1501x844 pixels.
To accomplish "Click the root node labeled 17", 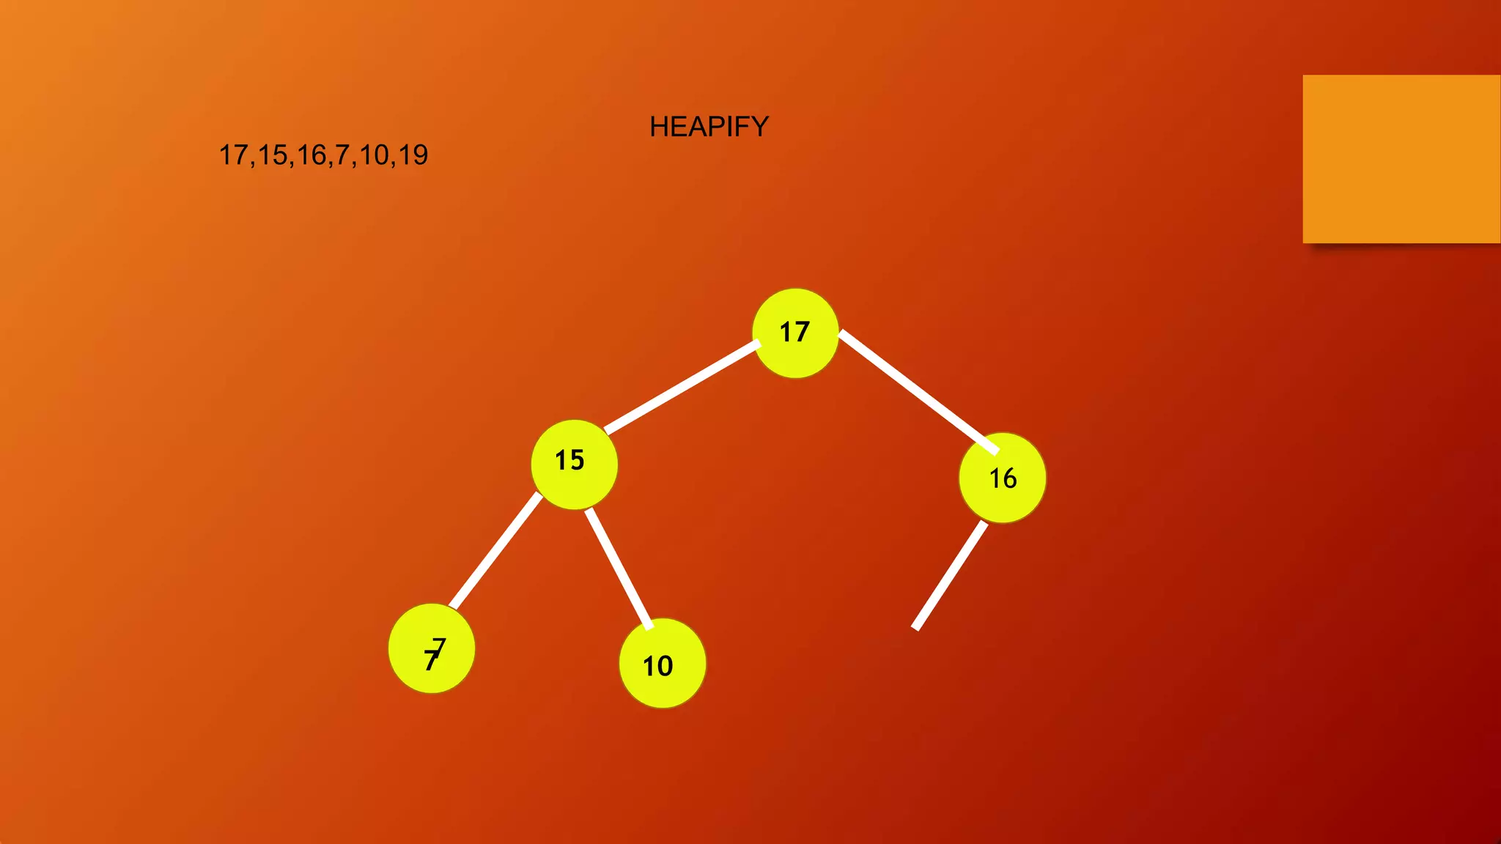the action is (795, 333).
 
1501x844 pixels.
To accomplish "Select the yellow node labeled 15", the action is (574, 464).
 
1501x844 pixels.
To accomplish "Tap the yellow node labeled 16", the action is (1002, 478).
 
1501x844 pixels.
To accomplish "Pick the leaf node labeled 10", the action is (662, 663).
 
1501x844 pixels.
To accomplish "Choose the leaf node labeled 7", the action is (432, 648).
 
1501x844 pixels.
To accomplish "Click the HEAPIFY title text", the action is (709, 127).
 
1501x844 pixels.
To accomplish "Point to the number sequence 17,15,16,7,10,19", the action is (323, 155).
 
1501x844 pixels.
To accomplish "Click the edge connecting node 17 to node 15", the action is (682, 387).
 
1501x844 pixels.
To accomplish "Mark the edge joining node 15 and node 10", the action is (619, 568).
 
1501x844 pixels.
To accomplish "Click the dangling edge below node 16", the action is (950, 575).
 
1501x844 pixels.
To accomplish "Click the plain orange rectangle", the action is (1401, 159).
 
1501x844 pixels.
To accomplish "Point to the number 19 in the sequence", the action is (413, 155).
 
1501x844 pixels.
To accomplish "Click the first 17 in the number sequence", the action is (235, 155).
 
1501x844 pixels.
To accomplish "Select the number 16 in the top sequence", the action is (311, 155).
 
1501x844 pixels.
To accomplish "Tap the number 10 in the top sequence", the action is (374, 155).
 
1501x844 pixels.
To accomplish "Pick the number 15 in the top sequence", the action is (273, 155).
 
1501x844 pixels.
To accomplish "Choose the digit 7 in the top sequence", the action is (342, 155).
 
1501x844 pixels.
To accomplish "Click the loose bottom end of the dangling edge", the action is (916, 626).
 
